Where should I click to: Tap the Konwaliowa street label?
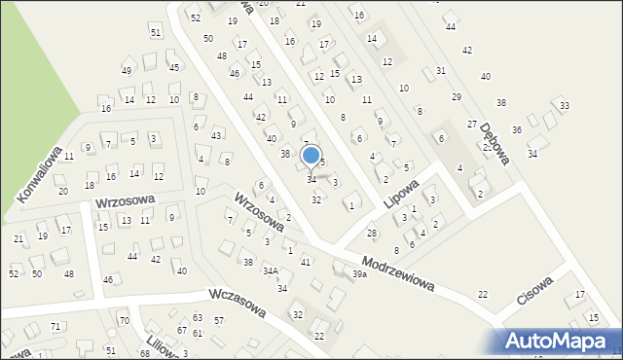point(40,175)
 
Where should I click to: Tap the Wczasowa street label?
point(237,304)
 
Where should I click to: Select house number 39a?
point(360,274)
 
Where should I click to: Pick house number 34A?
point(271,270)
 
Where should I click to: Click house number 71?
point(55,326)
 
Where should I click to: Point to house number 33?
point(565,105)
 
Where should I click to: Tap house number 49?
point(127,70)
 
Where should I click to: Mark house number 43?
point(216,134)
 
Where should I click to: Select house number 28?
point(371,233)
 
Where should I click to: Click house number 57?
point(219,320)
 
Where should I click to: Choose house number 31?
point(441,70)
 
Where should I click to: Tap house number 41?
point(306,262)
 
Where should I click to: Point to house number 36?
point(517,129)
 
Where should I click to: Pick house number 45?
point(173,67)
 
